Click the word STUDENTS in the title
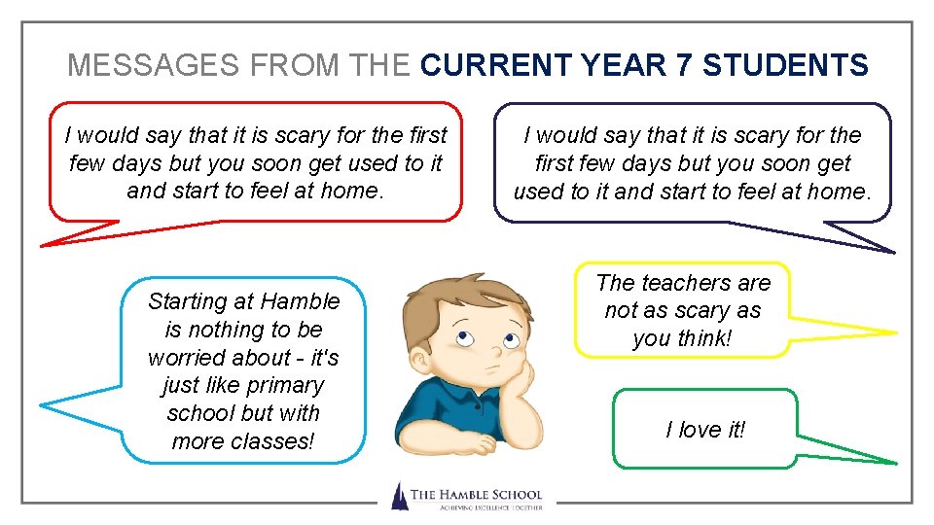(x=785, y=65)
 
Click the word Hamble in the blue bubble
(x=301, y=301)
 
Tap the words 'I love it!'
(x=705, y=429)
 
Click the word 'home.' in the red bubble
(x=353, y=191)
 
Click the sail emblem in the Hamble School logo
(x=399, y=496)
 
